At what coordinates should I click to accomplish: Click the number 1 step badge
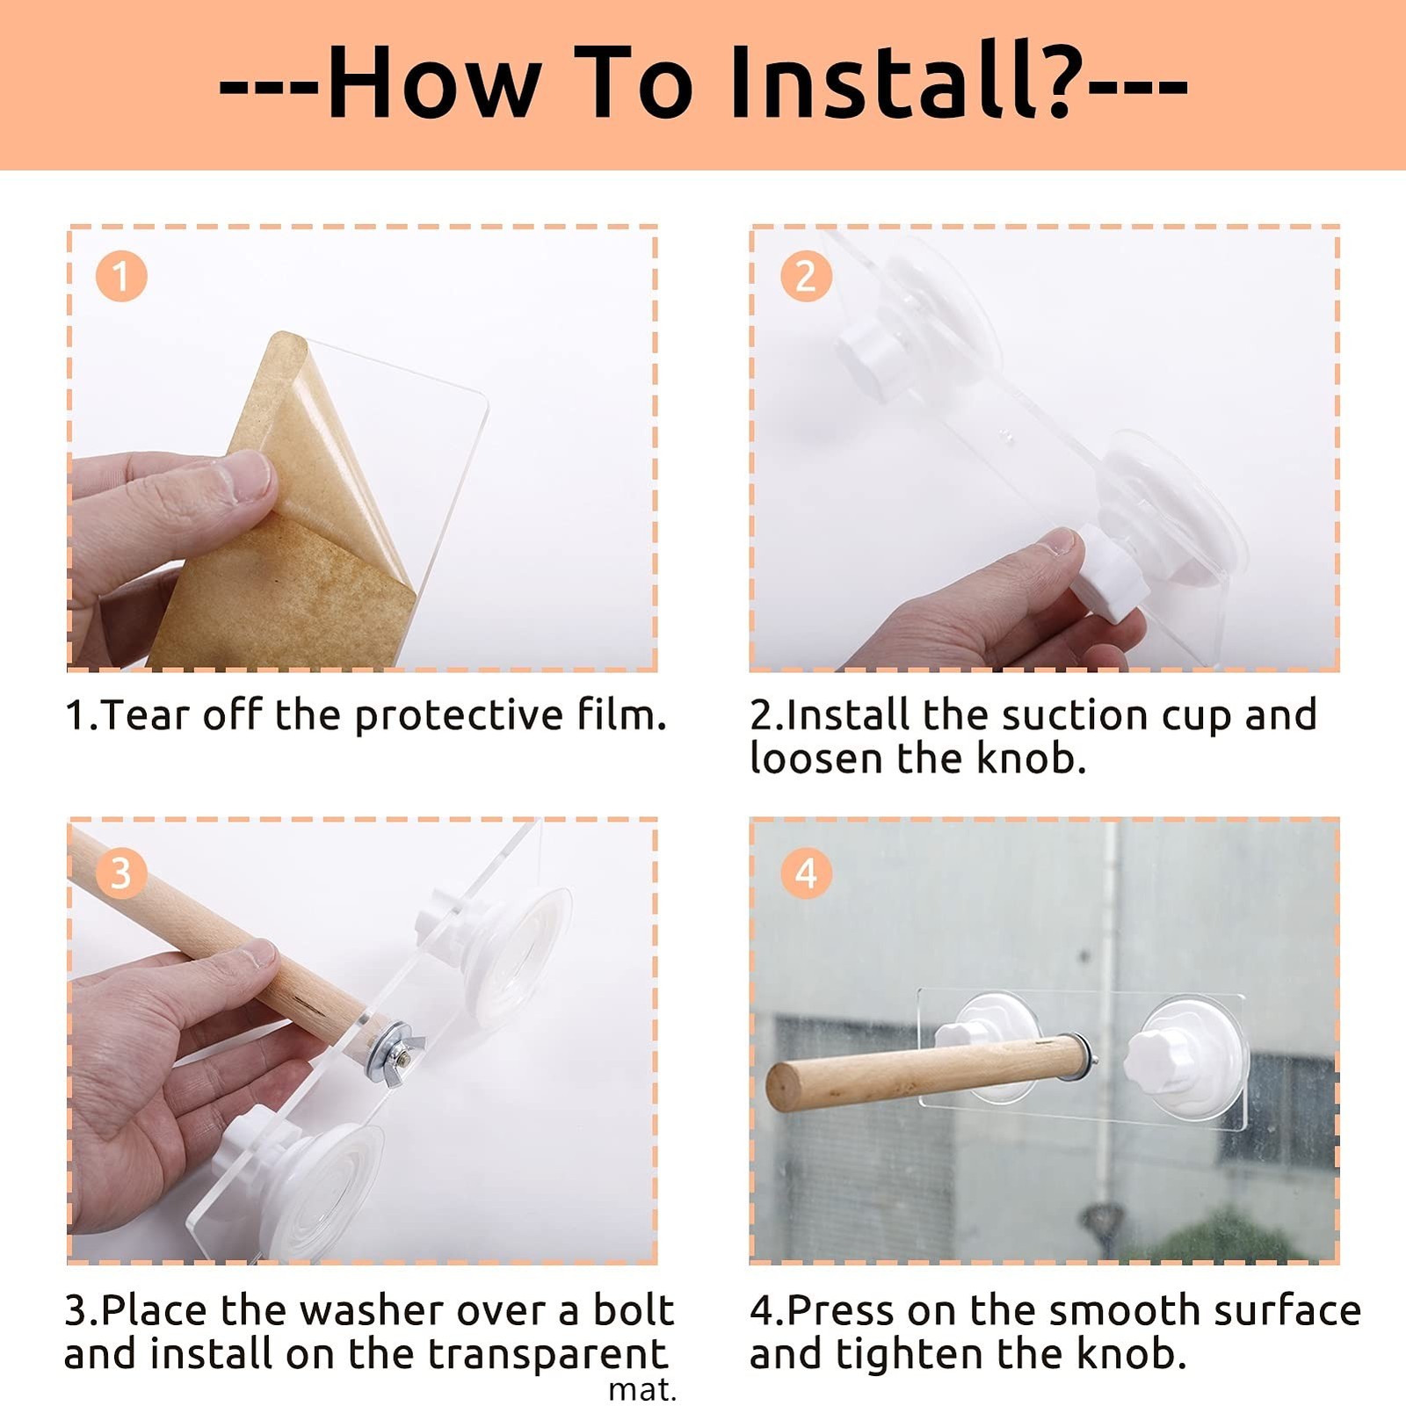coord(121,277)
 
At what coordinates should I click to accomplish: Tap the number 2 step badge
coord(806,277)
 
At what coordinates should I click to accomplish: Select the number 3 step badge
coord(121,873)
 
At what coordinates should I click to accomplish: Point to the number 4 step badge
coord(806,873)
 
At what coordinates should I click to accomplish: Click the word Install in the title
coord(888,81)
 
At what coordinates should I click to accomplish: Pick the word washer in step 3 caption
coord(376,1310)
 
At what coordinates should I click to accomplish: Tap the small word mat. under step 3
coord(642,1390)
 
